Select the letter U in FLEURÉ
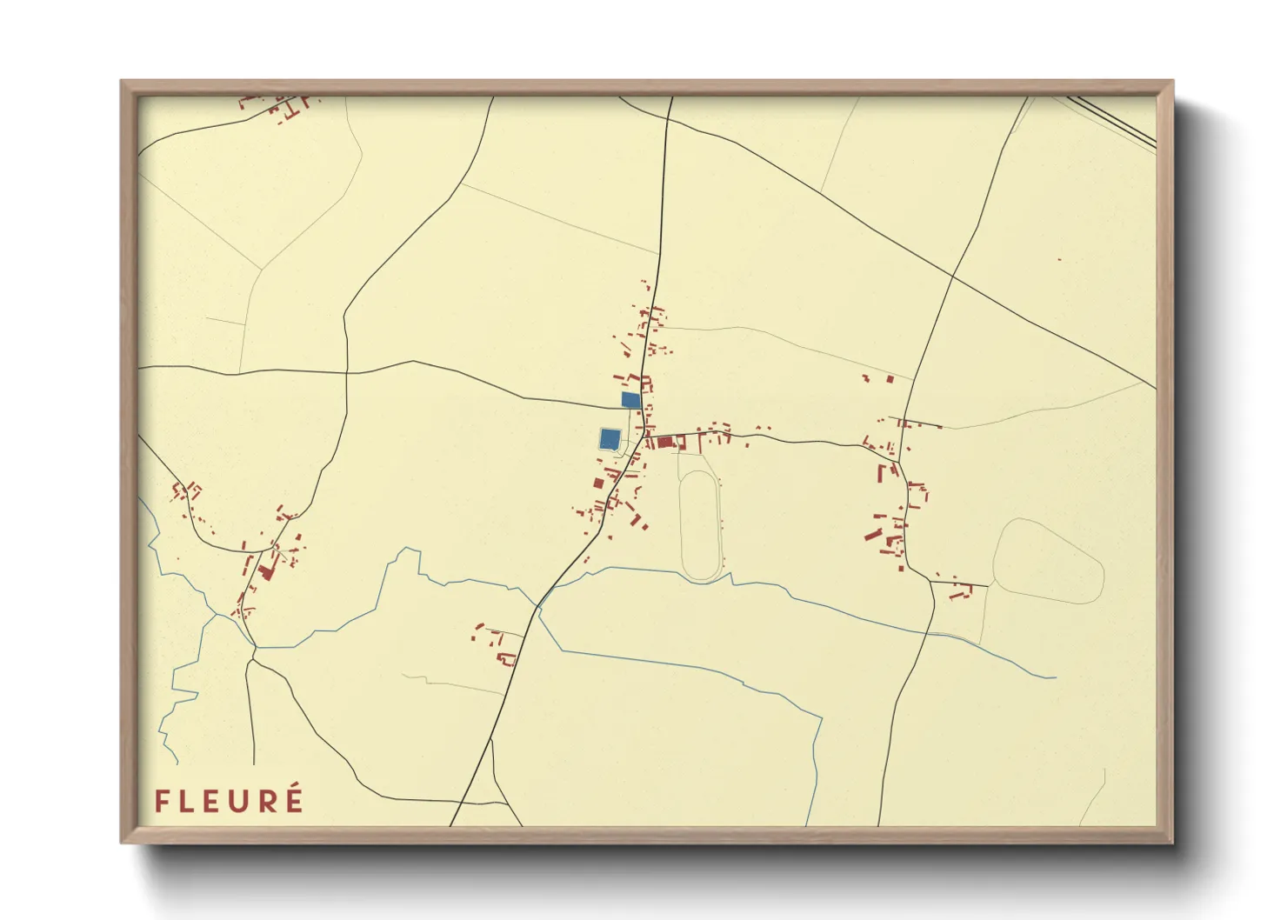(244, 801)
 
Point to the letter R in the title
(269, 801)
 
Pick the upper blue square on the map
(631, 399)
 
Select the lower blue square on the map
(610, 437)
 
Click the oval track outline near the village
(700, 526)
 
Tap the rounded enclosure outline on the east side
(1048, 561)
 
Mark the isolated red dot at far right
(1059, 259)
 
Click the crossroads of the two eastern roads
(953, 277)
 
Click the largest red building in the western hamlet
(265, 571)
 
